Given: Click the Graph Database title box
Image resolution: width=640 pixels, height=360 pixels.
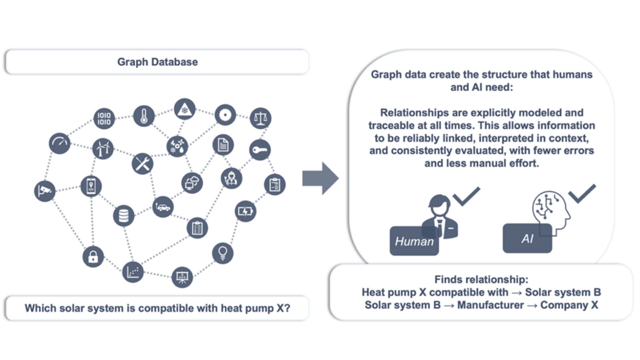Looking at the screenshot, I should (x=157, y=62).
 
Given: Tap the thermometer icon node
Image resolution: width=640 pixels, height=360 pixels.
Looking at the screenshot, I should (x=144, y=116).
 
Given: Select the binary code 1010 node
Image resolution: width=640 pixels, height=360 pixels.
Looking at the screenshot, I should (x=104, y=118).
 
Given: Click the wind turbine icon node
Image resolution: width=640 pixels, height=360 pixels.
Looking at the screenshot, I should (x=103, y=149).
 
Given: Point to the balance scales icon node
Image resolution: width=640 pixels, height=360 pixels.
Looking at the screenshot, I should (x=260, y=118).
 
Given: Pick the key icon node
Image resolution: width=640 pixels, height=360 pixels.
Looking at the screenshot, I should (x=260, y=150).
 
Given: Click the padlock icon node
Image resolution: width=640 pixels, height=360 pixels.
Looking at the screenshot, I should (x=93, y=257).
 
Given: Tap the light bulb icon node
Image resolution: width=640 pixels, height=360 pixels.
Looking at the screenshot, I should (x=222, y=253).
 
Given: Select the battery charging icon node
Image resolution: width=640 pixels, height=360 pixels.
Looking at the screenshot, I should (x=245, y=211).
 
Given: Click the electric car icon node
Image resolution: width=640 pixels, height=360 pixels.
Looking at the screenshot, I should (x=163, y=207).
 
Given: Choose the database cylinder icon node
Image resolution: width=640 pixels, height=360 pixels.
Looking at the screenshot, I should (x=124, y=216).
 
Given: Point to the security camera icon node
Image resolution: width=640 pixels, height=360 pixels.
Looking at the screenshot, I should (x=45, y=191).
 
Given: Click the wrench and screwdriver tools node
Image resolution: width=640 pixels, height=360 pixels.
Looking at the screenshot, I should (x=143, y=164).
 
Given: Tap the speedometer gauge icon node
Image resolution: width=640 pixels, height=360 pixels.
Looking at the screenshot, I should (x=60, y=143).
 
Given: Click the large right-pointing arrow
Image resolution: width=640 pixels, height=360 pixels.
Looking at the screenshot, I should (x=320, y=178).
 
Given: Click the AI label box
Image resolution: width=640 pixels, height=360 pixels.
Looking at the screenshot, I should (x=527, y=239).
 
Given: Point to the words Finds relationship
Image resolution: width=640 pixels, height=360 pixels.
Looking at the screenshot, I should (x=481, y=279).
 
